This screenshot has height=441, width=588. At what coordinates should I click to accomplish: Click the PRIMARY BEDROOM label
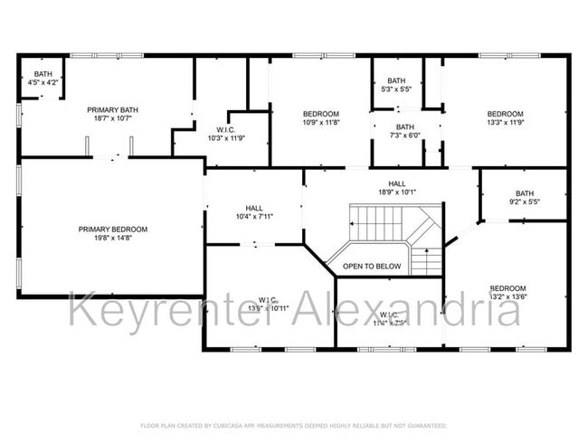pos(112,230)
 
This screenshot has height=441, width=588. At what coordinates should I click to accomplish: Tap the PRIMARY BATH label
pos(111,109)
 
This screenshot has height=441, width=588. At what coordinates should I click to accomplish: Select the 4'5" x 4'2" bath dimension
pos(44,83)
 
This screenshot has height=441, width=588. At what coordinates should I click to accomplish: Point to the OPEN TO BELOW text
pos(371,267)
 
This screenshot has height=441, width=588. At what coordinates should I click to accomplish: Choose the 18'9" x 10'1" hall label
pos(396,192)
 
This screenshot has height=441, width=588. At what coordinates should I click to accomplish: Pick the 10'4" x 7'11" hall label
pos(254,217)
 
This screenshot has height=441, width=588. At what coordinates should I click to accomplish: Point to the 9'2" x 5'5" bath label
pos(525,202)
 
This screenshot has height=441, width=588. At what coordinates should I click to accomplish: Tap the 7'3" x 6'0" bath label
pos(404,136)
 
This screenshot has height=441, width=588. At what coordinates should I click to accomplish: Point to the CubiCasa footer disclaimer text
pos(293,426)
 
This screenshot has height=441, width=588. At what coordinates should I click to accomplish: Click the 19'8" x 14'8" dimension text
pos(112,239)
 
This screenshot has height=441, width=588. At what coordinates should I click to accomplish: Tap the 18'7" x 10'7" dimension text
pos(111,118)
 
